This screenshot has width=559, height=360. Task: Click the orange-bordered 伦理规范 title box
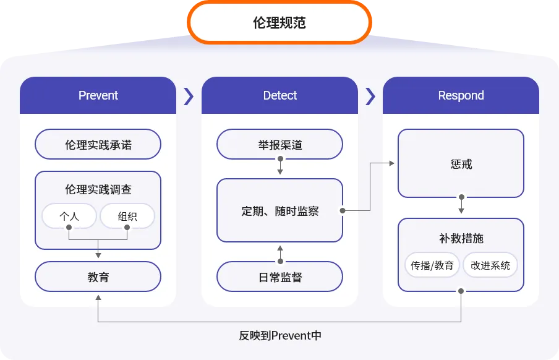click(279, 22)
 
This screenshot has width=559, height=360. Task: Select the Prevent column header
click(98, 95)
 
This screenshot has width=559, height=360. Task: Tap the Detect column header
click(280, 95)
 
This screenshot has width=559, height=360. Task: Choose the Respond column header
click(461, 95)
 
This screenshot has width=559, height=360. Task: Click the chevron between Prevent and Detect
click(189, 96)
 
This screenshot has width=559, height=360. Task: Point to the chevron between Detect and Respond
click(370, 96)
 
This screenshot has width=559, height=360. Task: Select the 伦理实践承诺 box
click(98, 144)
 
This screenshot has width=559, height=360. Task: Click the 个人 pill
click(69, 216)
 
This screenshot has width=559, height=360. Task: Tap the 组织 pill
click(127, 216)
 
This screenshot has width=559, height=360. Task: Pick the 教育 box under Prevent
click(98, 276)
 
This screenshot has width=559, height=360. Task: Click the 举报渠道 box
click(280, 144)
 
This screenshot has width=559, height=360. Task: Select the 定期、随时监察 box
click(280, 210)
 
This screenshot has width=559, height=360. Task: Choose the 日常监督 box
click(280, 276)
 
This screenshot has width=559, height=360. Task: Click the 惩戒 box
click(461, 163)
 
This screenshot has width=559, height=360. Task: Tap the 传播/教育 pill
click(432, 265)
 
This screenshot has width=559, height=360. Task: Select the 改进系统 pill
click(490, 265)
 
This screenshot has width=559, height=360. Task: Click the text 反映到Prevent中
click(280, 335)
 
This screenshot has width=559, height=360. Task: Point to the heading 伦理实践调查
click(98, 189)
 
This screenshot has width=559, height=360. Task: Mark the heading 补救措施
click(461, 238)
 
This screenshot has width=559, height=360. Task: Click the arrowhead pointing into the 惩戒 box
click(392, 163)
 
